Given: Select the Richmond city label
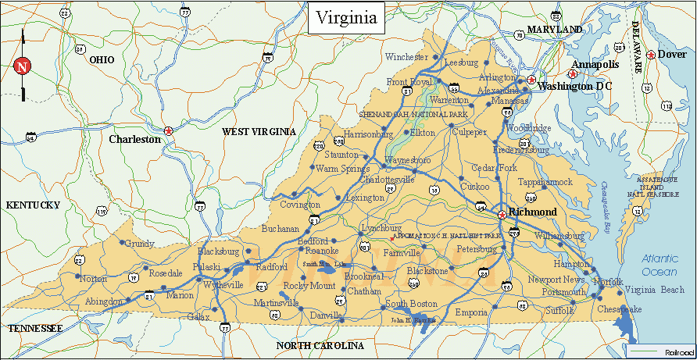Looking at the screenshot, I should click(533, 212).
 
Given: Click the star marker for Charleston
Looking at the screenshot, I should click(168, 130).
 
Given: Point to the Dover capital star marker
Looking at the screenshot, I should click(650, 55).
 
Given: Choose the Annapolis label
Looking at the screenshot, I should click(595, 64).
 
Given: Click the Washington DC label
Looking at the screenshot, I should click(575, 86).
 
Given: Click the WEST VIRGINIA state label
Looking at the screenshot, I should click(259, 132).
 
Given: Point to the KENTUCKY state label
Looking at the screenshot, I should click(33, 205).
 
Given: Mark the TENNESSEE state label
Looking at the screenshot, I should click(34, 330).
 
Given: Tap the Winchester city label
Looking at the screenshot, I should click(406, 57).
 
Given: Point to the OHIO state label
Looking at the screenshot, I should click(102, 59).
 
